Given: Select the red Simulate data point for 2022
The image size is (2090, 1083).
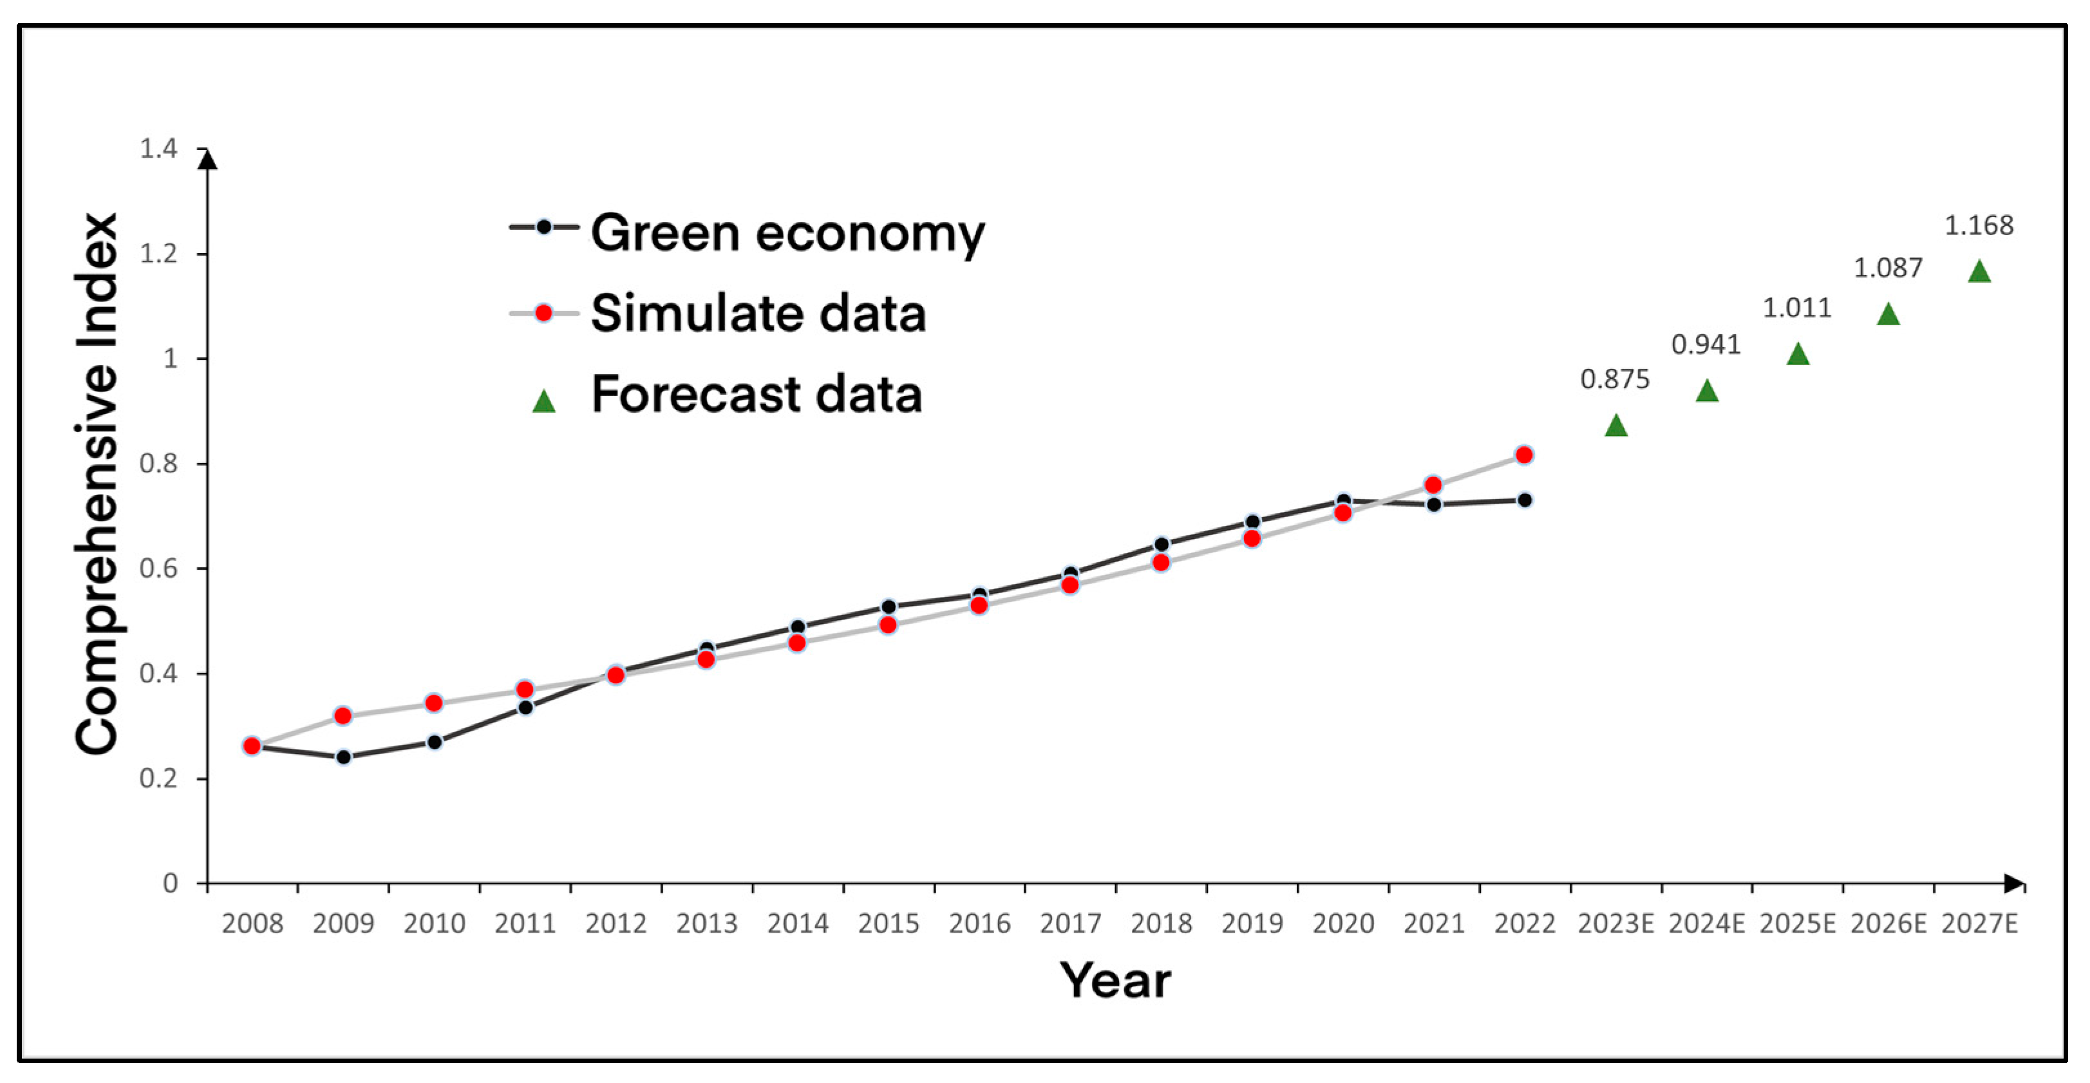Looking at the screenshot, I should (1523, 455).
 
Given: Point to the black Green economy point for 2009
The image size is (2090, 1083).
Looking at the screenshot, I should (343, 757).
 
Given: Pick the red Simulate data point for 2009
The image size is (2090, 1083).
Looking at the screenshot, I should (343, 715).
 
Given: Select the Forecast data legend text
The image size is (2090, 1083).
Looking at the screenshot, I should (756, 394).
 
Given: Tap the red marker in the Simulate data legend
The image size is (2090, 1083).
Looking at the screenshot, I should (543, 313).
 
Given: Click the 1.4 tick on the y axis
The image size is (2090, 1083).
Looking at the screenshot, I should (158, 149).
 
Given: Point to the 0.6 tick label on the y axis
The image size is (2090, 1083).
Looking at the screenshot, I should (158, 568).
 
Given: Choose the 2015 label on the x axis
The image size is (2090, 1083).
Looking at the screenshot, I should (889, 923).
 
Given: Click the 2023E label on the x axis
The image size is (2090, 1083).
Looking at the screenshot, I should (1615, 923).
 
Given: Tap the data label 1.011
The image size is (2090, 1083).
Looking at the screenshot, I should (1796, 308).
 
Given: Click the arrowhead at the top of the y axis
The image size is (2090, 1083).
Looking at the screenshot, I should (208, 159).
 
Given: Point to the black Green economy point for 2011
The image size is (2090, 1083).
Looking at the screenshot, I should (525, 708).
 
